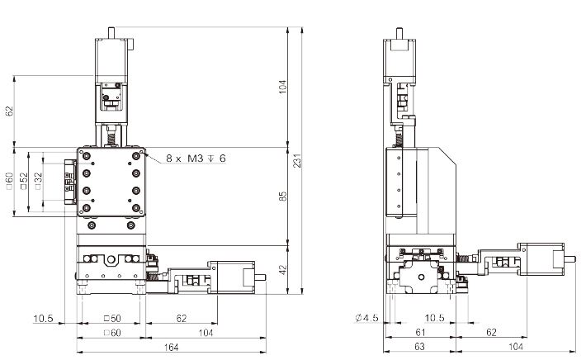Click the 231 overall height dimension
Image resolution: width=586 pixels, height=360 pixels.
point(297,160)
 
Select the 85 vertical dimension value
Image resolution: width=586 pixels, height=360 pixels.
point(283,197)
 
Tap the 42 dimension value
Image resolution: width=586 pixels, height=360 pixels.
point(283,269)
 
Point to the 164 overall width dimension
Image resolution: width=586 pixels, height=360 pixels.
point(171,348)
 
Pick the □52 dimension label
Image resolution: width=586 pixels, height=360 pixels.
point(24,181)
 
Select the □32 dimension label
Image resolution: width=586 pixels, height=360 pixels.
point(38,181)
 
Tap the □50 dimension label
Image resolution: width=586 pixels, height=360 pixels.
point(112,319)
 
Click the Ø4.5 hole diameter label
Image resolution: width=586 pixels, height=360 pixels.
point(366,318)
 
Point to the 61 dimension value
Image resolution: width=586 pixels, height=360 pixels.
point(420,332)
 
